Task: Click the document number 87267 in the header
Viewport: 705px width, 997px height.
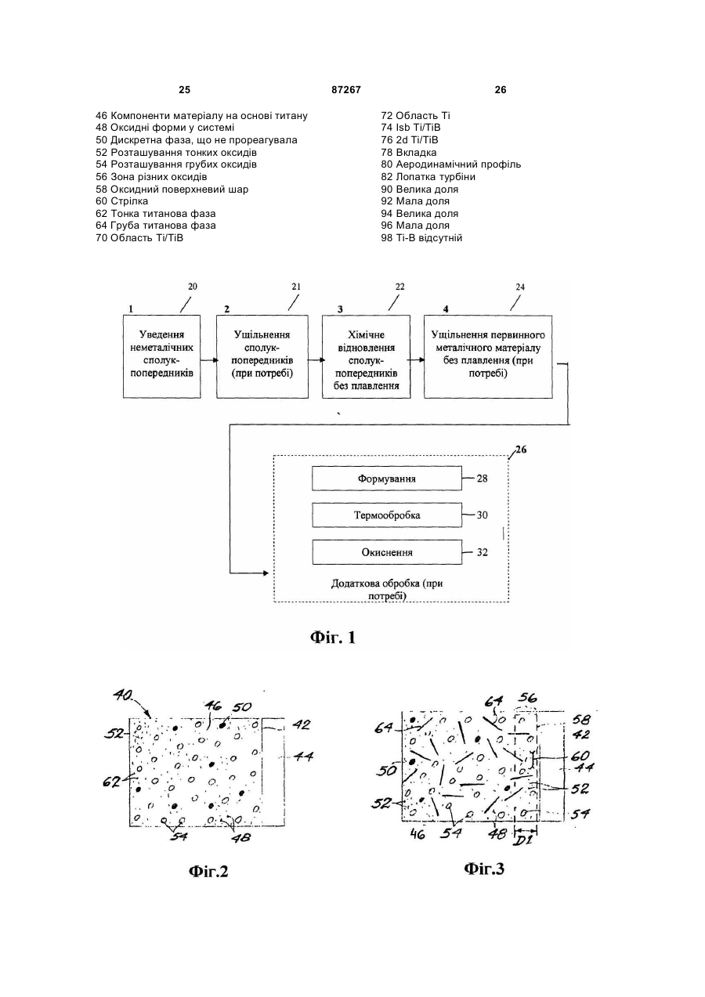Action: coord(345,90)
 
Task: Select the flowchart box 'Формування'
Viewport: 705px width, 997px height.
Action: coord(387,479)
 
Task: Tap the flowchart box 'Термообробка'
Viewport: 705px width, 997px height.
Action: coord(387,515)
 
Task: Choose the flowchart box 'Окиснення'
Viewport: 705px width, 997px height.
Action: coord(387,552)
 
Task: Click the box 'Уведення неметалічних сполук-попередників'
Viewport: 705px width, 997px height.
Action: coord(161,356)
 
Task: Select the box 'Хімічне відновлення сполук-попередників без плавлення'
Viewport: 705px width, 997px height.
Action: coord(367,356)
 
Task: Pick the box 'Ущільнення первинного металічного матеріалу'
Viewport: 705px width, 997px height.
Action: coord(488,356)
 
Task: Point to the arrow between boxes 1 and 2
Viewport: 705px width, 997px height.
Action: coord(208,360)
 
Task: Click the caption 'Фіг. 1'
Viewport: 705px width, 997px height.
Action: coord(333,638)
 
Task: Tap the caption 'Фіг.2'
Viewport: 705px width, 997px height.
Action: coord(208,871)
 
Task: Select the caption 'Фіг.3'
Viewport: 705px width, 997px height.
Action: coord(484,869)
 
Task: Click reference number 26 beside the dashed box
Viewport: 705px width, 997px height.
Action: coord(521,450)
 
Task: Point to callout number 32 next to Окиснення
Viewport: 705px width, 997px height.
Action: coord(482,552)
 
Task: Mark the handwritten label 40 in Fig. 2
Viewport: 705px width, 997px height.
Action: coord(123,694)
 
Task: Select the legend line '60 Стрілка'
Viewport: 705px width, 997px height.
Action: coord(122,201)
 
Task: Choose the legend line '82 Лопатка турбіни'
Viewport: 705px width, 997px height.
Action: coord(428,177)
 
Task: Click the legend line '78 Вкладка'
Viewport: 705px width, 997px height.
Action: coord(409,152)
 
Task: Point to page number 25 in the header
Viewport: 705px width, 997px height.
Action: coord(184,90)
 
